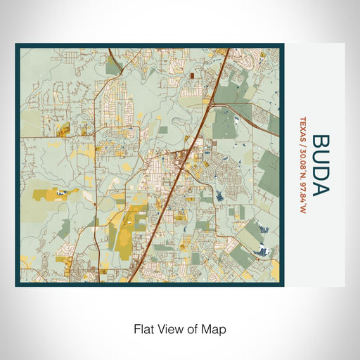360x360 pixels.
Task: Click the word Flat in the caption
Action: tap(143, 328)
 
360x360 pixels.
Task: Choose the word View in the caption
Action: tap(167, 328)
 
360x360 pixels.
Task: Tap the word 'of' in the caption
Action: tap(191, 328)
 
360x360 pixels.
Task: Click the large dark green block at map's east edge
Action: tap(269, 165)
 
